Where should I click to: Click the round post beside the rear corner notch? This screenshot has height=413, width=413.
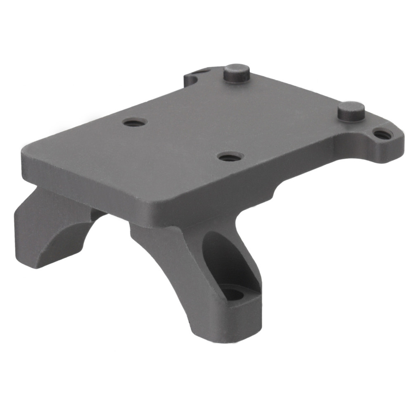point(237,73)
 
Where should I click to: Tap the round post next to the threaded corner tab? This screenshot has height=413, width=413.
point(351,110)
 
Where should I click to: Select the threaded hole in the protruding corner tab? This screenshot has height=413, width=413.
point(383,134)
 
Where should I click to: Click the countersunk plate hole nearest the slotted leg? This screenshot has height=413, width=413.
point(230,157)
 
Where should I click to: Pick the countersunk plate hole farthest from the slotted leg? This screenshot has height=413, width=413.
point(135,122)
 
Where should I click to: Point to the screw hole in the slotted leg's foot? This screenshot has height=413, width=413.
point(233,294)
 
